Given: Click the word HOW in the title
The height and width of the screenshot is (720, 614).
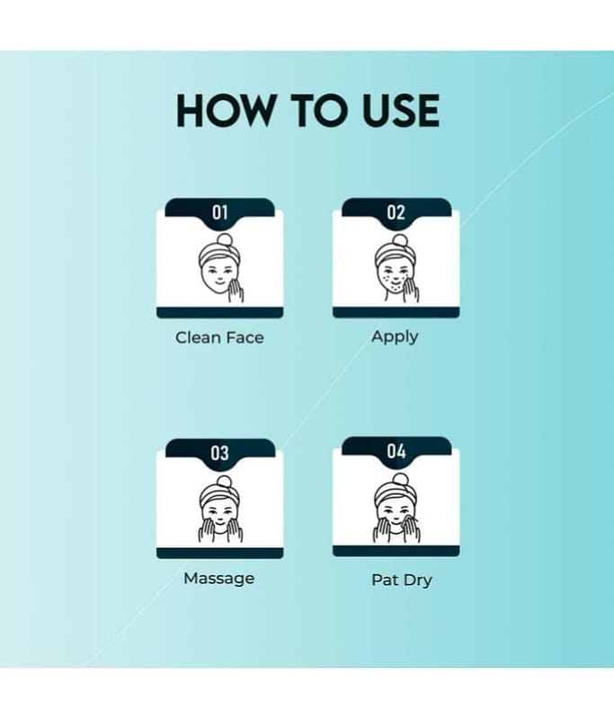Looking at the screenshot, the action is coord(224,111).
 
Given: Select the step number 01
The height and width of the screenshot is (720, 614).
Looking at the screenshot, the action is coord(219,212).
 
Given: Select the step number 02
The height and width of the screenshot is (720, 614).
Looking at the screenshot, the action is coord(396,212).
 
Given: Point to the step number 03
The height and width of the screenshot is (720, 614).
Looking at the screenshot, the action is coord(219,453).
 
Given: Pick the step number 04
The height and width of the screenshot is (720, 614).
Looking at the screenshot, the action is coord(396,451).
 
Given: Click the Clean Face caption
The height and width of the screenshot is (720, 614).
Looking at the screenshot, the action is coord(219,338).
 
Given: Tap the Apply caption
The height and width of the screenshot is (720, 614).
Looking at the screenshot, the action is coord(395,337).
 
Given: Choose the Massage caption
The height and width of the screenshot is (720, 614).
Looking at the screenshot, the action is coord(218,578).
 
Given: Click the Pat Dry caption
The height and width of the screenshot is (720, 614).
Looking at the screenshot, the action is coord(402,580).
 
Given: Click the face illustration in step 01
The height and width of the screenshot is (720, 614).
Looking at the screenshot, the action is coord(220,267).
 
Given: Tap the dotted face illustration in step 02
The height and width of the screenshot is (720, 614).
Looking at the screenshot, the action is coord(396,268).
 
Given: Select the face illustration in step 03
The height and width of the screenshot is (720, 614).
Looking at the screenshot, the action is coord(220,509).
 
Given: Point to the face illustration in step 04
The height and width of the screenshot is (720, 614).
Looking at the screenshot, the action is coord(396,508).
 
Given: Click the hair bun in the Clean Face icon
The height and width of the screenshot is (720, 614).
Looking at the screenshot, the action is coord(224,240).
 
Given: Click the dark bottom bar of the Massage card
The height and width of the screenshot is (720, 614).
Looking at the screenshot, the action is coord(219,553).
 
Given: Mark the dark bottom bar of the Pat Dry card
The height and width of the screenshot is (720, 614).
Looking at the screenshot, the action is coord(396,552).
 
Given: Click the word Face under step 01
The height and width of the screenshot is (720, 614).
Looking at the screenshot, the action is coord(245,338).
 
